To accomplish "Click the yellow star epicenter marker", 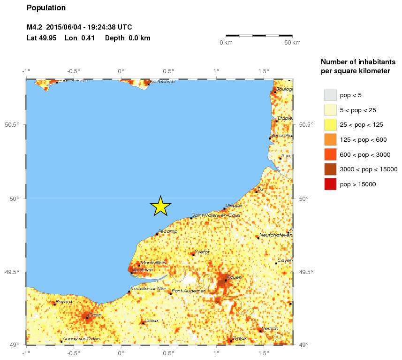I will click(x=160, y=206).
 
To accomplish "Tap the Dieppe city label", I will click(x=234, y=206).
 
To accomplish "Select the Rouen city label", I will click(x=235, y=277).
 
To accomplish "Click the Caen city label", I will click(x=95, y=314).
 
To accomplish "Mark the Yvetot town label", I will click(x=202, y=252).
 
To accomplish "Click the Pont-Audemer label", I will click(x=189, y=291).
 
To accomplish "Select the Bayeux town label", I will click(x=64, y=302).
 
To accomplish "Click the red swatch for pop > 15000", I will click(x=330, y=184).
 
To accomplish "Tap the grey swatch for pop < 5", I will click(x=330, y=95).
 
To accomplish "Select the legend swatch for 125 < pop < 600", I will click(x=330, y=140).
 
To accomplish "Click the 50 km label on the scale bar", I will click(x=293, y=43).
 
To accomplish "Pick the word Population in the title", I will click(x=46, y=8).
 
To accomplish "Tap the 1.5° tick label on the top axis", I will click(x=264, y=71).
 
